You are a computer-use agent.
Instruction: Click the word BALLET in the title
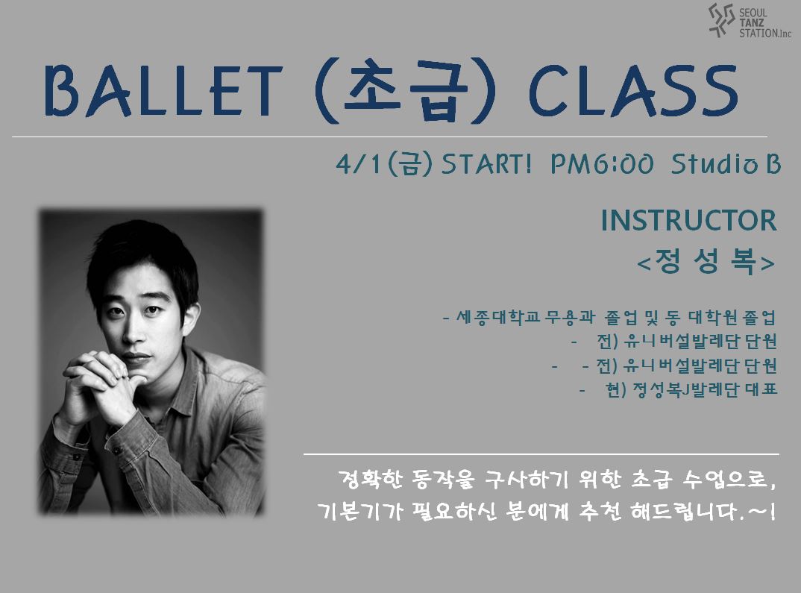point(163,90)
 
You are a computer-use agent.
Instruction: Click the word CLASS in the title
point(633,91)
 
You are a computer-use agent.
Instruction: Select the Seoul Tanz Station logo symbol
point(722,20)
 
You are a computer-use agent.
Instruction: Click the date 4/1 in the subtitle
point(358,164)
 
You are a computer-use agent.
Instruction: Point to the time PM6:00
point(602,164)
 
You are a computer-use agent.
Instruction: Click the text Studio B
point(726,164)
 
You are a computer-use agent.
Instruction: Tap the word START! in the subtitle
point(486,164)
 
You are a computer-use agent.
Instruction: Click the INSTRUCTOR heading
point(688,220)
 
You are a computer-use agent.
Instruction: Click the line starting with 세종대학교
point(609,318)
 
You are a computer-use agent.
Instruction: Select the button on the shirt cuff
point(117,451)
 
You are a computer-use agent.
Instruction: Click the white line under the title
point(390,137)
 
